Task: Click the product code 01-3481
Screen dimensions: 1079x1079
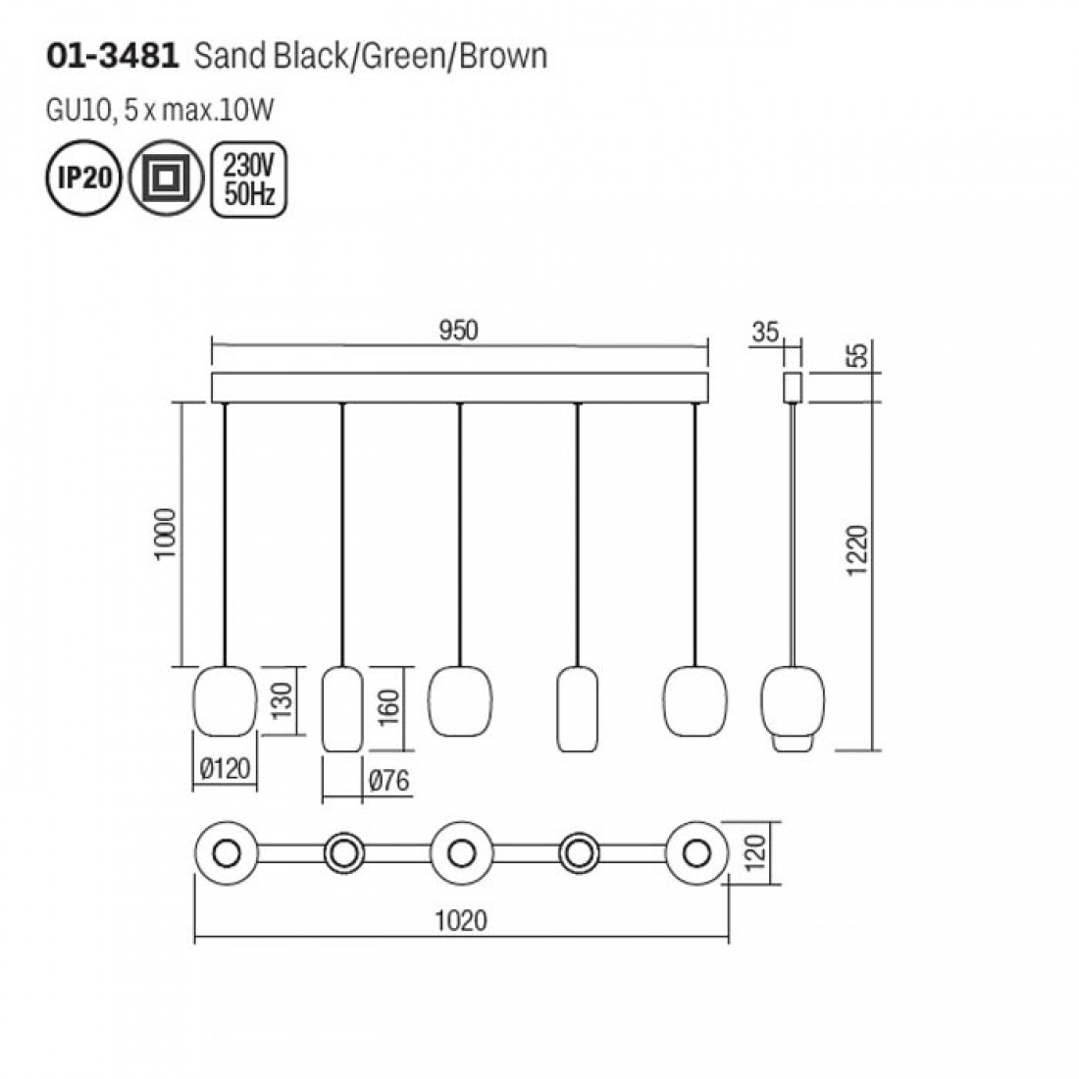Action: (112, 57)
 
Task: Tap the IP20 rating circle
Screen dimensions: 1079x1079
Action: (83, 179)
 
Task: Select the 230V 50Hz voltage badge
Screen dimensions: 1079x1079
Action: (249, 179)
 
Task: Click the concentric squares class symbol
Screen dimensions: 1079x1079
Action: (166, 179)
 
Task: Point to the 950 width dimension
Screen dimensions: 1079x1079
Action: (458, 331)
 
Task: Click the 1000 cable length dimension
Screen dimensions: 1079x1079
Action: (166, 535)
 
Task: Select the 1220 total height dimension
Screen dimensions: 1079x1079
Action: (857, 550)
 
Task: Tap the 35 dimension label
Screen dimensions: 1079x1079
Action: (765, 333)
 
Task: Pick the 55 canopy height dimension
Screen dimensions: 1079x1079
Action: (858, 356)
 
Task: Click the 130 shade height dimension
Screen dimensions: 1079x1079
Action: (282, 700)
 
